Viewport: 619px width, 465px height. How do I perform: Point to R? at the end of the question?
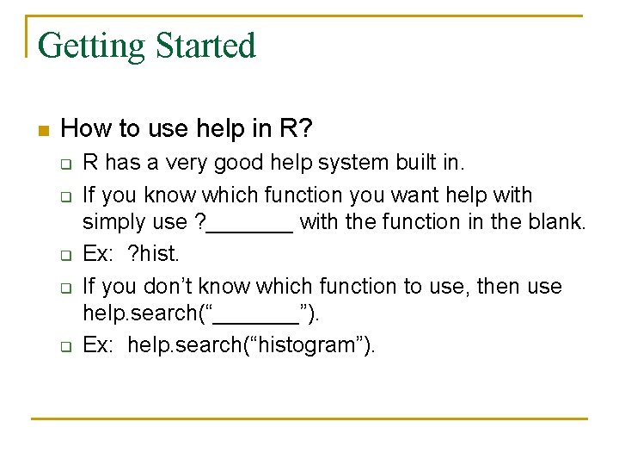click(297, 129)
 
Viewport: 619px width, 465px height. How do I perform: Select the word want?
click(411, 195)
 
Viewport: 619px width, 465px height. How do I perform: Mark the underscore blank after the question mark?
click(250, 224)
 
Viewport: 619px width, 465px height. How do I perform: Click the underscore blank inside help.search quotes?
click(255, 314)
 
